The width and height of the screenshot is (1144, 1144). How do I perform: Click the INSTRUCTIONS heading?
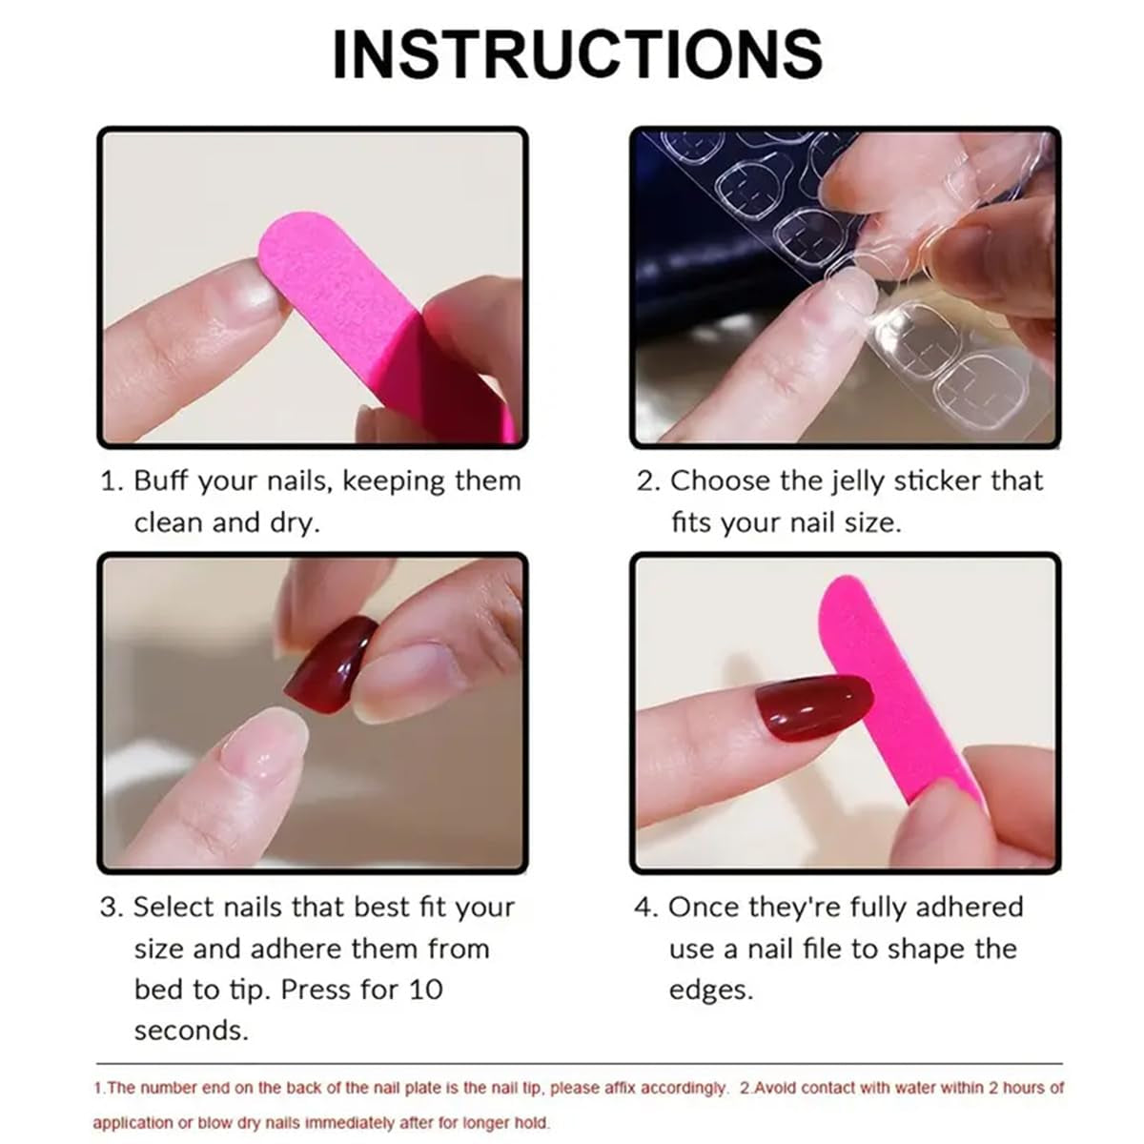[x=577, y=54]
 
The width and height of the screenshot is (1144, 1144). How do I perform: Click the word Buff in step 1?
[x=160, y=480]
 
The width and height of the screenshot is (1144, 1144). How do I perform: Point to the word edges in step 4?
[x=709, y=991]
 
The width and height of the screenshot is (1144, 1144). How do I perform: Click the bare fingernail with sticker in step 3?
[x=255, y=749]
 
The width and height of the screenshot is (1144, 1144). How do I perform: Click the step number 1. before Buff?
[x=112, y=481]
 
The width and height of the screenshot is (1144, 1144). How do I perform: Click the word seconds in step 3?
[x=190, y=1032]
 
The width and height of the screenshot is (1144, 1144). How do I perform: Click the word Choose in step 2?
[x=720, y=481]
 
